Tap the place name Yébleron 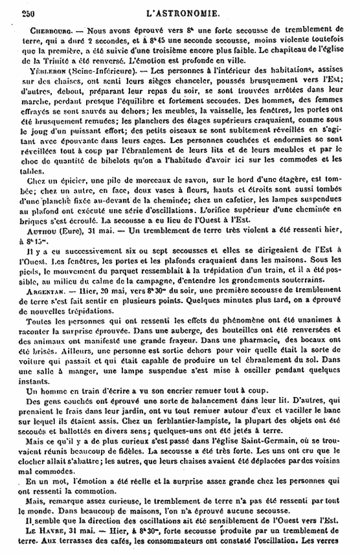click(x=48, y=69)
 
